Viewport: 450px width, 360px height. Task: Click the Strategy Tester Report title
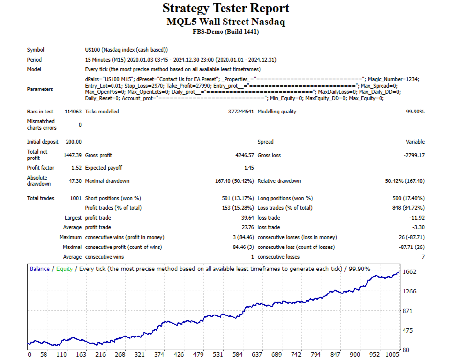click(225, 8)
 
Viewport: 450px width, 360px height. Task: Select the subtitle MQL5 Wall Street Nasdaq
click(225, 22)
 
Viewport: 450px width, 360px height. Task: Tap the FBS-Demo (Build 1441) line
click(225, 32)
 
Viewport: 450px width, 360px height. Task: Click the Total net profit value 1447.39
click(72, 155)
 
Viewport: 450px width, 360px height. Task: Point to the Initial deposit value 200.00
click(74, 142)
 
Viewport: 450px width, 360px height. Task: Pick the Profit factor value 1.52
click(76, 168)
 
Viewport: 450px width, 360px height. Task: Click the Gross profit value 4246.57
click(243, 155)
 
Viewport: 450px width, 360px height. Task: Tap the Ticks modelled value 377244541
click(241, 112)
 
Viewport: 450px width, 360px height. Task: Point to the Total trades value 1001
click(75, 198)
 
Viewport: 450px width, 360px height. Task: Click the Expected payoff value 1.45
click(248, 168)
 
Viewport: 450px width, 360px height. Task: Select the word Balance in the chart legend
click(40, 269)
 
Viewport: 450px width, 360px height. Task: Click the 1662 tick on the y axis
click(410, 272)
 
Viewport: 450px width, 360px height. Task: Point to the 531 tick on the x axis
click(218, 354)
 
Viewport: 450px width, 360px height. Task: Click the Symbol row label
click(36, 50)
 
